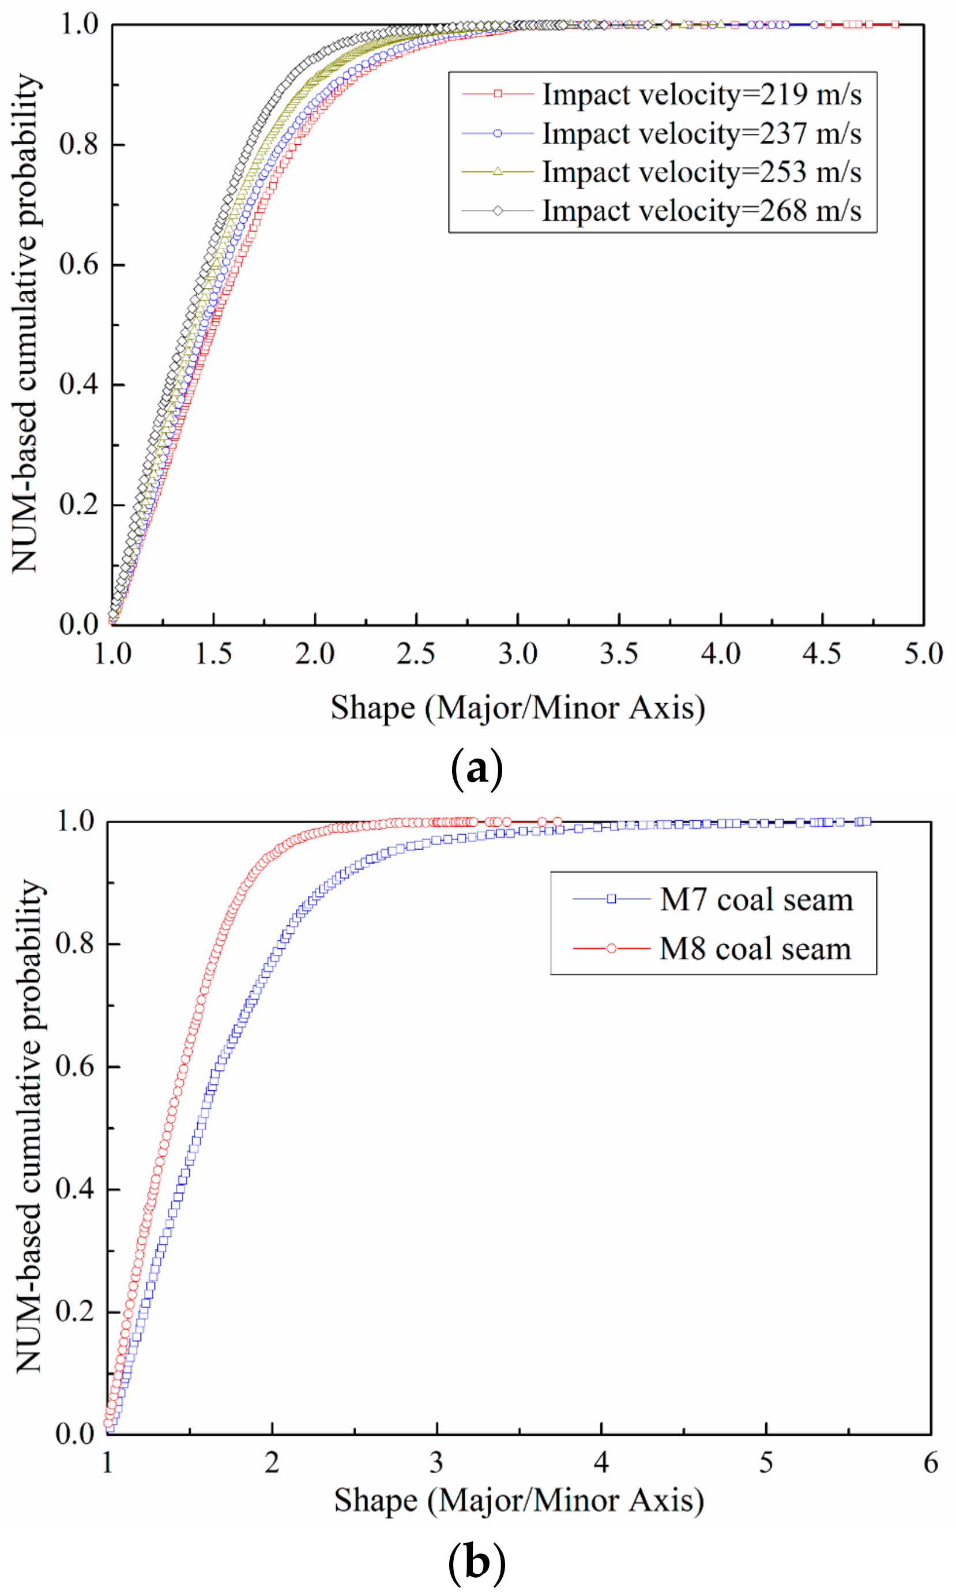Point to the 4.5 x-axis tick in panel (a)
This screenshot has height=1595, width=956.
tap(822, 654)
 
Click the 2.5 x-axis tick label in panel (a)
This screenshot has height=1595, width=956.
tap(416, 654)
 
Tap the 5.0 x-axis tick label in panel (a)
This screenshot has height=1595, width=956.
tap(923, 654)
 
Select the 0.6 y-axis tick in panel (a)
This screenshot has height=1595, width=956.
tap(78, 265)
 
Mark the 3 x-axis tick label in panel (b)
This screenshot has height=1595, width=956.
tap(436, 1463)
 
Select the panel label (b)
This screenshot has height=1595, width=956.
tap(476, 1562)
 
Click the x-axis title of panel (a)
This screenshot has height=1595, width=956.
tap(518, 708)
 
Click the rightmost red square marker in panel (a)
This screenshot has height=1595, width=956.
tap(895, 24)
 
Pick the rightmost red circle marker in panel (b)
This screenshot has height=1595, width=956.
tap(557, 821)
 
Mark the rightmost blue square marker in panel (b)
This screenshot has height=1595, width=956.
tap(867, 821)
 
